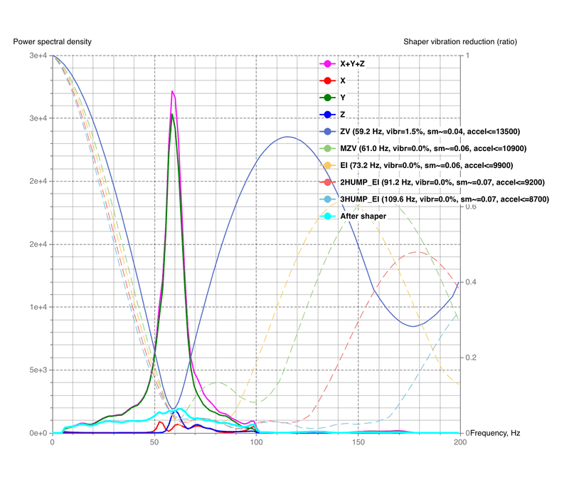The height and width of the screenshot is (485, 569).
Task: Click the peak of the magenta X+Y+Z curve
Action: tap(172, 91)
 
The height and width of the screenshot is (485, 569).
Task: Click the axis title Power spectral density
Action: tap(52, 41)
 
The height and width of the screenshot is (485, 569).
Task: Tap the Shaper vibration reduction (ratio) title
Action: tap(459, 41)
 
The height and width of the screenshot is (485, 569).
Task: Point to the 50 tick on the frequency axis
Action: tap(154, 442)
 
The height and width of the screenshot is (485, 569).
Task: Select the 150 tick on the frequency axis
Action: tap(358, 442)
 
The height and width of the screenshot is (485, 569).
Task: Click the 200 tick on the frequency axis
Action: tap(459, 442)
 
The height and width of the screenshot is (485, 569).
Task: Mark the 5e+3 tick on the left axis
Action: tap(34, 370)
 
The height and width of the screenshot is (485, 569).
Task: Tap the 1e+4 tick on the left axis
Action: tap(34, 307)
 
